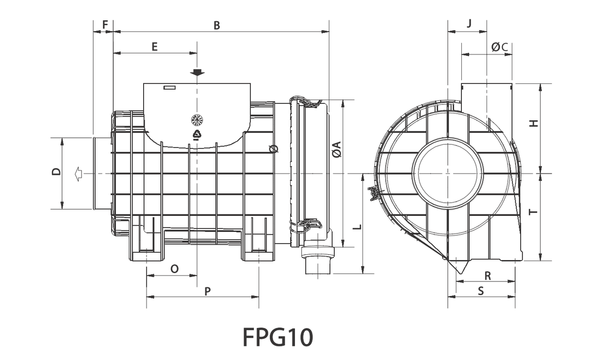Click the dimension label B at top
(x=217, y=26)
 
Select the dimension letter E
(x=154, y=47)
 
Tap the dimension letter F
(x=105, y=24)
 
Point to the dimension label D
(x=56, y=172)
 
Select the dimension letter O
(x=175, y=268)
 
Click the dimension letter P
(x=208, y=291)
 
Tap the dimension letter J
(x=469, y=24)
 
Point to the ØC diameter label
(x=499, y=47)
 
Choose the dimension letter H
(x=534, y=123)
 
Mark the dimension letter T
(x=534, y=212)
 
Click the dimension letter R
(x=488, y=276)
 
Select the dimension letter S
(x=481, y=291)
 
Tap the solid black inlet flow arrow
(x=197, y=73)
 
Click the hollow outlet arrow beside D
(x=77, y=173)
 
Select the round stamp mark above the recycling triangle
(x=196, y=119)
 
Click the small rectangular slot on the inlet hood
(x=169, y=88)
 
